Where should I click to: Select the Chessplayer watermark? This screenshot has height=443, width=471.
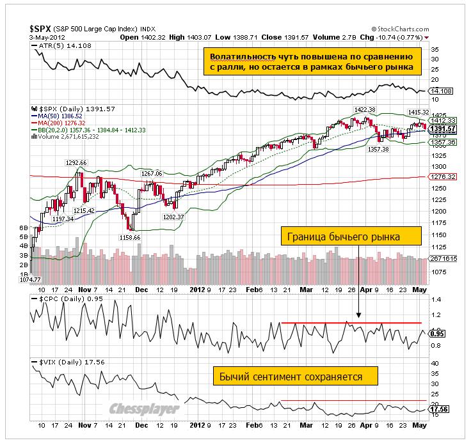143,410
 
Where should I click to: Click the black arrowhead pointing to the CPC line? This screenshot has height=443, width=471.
358,315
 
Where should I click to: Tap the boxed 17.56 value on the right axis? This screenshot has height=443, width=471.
438,410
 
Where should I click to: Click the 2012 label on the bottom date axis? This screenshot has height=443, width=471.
198,424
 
